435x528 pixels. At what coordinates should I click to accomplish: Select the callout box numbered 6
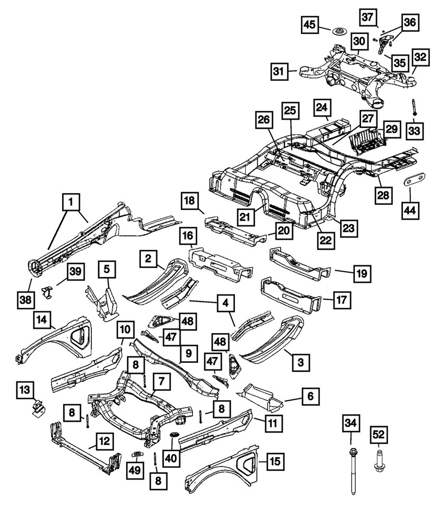click(311, 395)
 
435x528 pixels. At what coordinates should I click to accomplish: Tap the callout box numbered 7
click(162, 380)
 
